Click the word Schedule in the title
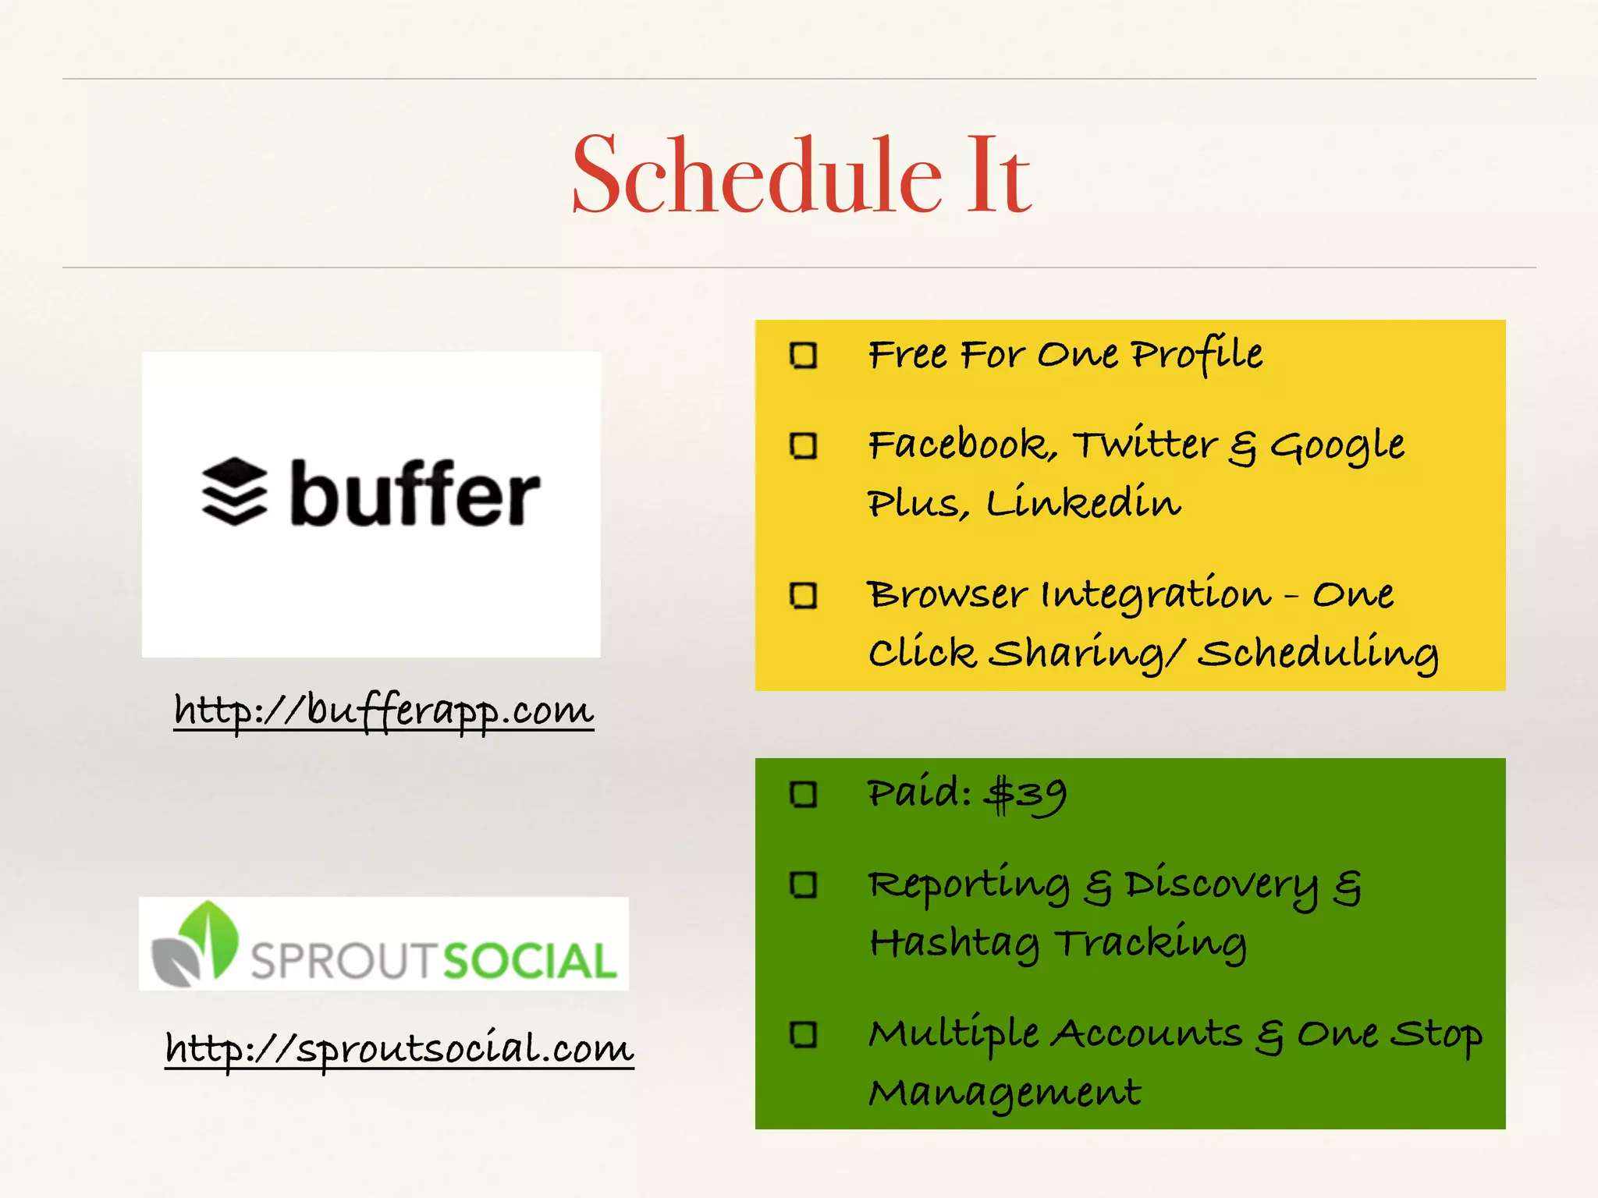[757, 175]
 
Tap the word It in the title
[999, 175]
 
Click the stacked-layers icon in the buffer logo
[234, 491]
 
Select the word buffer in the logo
[415, 494]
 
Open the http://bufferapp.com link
[384, 711]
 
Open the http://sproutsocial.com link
[399, 1047]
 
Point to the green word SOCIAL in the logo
[531, 961]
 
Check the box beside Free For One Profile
[803, 356]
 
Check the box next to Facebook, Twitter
[803, 446]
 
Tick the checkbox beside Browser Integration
[803, 595]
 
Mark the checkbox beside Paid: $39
[803, 795]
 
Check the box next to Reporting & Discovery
[803, 885]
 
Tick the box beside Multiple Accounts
[803, 1035]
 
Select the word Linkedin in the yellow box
[1083, 503]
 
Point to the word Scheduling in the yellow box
[1317, 654]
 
